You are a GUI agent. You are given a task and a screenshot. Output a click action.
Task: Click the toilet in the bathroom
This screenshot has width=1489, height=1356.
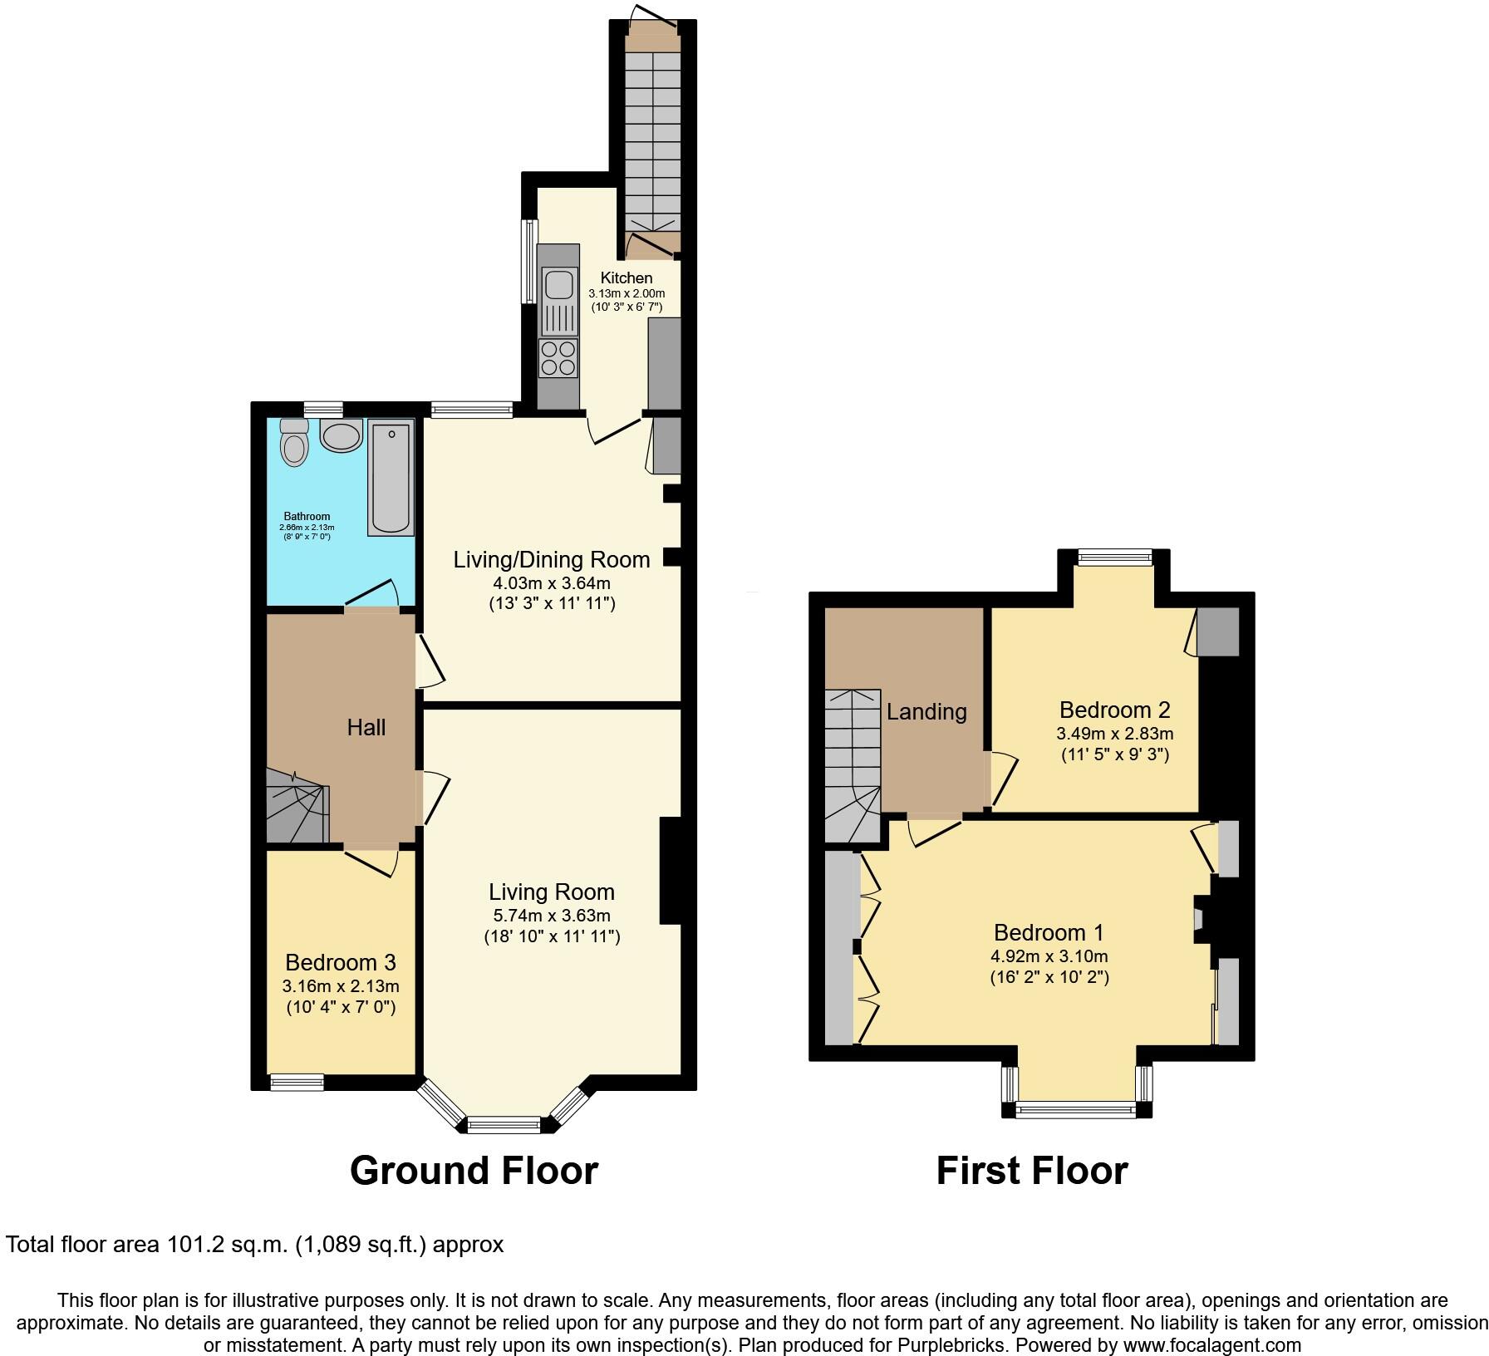click(294, 445)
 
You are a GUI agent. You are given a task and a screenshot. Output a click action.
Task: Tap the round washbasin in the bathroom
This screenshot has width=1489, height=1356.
click(342, 435)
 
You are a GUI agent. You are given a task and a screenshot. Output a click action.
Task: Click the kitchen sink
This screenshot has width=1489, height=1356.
click(558, 284)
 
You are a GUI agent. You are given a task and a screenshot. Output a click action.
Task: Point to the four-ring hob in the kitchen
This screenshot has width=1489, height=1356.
click(558, 358)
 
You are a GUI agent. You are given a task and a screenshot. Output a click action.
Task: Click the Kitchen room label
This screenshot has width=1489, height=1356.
click(627, 278)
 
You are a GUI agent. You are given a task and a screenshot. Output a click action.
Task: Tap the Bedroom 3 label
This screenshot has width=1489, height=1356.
click(341, 962)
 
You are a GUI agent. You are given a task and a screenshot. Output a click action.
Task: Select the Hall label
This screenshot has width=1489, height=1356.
click(366, 728)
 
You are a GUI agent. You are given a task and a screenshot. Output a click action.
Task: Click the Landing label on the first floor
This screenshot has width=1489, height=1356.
click(926, 711)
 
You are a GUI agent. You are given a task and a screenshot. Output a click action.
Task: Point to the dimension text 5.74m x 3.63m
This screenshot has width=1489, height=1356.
click(552, 916)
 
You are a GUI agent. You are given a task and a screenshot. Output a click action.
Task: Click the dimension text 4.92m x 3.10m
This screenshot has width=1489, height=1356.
click(1049, 956)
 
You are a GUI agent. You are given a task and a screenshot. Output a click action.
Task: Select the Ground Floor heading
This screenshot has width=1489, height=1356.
click(474, 1170)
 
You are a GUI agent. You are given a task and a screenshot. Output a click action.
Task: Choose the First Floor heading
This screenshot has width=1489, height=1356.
click(1032, 1170)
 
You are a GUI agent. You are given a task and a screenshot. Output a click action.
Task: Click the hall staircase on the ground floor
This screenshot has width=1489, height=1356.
click(297, 806)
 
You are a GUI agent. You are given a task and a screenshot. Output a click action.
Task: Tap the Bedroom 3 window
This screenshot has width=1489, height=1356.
click(297, 1081)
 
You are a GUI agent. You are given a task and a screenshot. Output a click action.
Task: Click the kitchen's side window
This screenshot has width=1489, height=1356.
click(528, 261)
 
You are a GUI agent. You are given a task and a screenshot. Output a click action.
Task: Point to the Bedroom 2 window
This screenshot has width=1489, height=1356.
click(1114, 557)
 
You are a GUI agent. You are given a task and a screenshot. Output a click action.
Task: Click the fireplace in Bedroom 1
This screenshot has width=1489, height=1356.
click(1200, 919)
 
